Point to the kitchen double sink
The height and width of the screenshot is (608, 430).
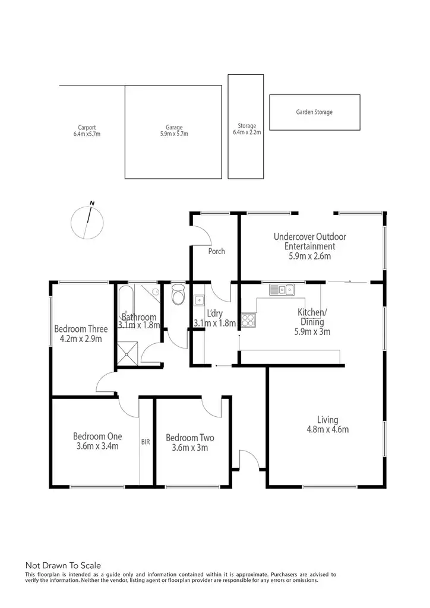282,290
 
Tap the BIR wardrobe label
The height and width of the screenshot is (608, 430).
146,442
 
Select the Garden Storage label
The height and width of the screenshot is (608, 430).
314,112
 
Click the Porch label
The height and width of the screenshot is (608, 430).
217,251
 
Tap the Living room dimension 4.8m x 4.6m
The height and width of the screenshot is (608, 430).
327,429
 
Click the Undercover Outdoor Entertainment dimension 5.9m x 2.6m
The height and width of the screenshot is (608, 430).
309,256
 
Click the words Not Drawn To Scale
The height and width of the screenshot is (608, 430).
63,565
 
